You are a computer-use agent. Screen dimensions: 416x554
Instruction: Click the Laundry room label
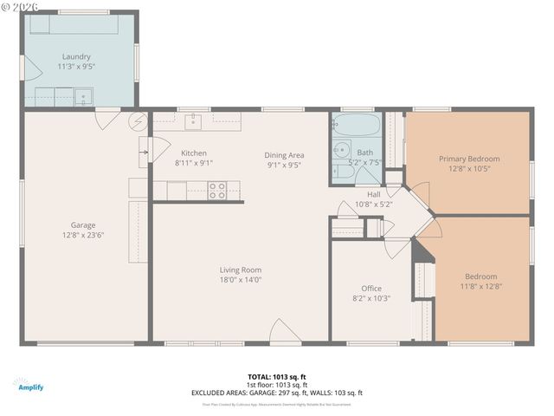[76, 57]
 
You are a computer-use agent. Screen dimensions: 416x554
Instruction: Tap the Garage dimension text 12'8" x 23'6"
[83, 235]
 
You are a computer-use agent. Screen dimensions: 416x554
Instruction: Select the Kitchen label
[193, 153]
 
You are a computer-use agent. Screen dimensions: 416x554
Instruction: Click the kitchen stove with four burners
[217, 190]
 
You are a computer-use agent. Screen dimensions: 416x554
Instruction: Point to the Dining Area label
[284, 155]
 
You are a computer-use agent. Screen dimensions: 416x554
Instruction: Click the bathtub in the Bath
[355, 127]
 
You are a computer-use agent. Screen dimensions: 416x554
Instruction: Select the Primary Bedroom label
[468, 159]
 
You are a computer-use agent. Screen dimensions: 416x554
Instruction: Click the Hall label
[374, 195]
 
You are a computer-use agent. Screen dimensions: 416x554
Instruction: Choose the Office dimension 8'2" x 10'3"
[370, 298]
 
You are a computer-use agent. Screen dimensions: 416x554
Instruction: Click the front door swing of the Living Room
[286, 332]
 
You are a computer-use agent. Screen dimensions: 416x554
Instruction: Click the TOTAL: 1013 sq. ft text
[277, 376]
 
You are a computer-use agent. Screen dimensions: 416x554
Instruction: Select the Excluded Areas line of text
[277, 393]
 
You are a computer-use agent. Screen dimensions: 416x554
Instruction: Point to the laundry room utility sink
[84, 96]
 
